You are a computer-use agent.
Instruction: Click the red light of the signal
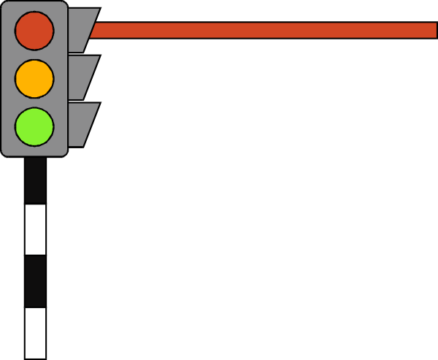[x=34, y=31]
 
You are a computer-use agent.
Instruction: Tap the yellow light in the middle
[x=34, y=78]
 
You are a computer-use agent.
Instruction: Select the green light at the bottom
[x=34, y=126]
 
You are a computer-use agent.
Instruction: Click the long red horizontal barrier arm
[x=263, y=30]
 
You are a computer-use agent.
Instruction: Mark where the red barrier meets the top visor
[x=93, y=30]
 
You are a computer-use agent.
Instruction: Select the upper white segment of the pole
[x=35, y=229]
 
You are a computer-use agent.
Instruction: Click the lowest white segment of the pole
[x=35, y=333]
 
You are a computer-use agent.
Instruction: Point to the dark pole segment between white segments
[x=35, y=281]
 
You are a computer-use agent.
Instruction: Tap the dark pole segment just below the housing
[x=35, y=180]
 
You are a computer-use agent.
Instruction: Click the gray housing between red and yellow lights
[x=34, y=55]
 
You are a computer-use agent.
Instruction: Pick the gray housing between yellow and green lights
[x=34, y=102]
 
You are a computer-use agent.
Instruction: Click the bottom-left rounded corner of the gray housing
[x=5, y=152]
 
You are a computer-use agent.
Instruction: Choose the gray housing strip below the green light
[x=34, y=150]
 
